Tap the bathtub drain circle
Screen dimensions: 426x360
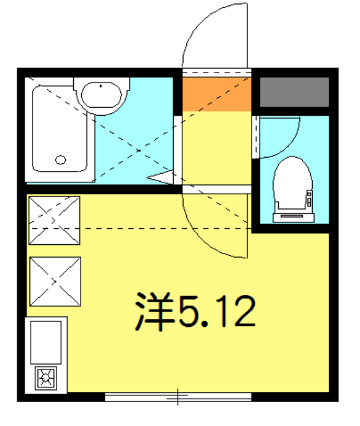pos(61,160)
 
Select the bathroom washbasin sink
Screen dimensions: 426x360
pos(100,95)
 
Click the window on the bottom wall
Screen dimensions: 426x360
pos(178,398)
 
